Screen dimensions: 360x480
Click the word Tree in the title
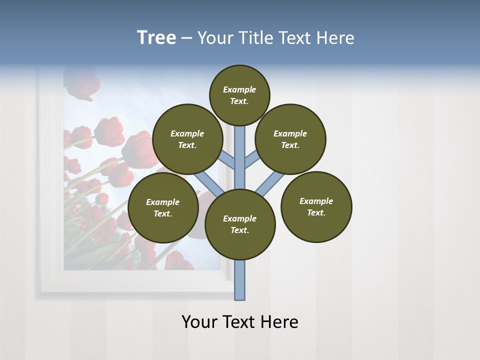tap(156, 37)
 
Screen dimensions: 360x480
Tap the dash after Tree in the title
tap(187, 38)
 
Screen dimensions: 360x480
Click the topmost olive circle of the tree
tap(239, 95)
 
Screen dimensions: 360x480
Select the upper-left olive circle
tap(187, 139)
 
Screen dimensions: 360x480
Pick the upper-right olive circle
tap(290, 139)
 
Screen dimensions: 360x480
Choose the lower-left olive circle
tap(163, 207)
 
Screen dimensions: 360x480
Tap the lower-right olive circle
tap(316, 206)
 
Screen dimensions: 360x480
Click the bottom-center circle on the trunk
tap(240, 224)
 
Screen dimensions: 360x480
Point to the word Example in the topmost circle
tap(239, 89)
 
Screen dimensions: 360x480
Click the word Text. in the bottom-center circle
tap(239, 230)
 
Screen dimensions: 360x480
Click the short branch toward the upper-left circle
tap(227, 159)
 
